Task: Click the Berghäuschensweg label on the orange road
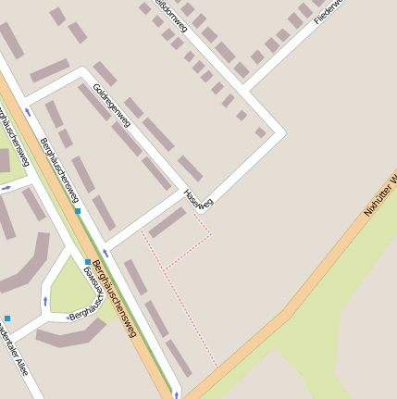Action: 115,301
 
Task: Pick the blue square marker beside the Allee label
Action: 7,318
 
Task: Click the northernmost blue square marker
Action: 78,211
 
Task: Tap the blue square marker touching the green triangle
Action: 88,262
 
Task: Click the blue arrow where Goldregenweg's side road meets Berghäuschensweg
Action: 29,111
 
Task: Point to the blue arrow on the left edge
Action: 6,188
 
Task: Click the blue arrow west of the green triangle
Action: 45,301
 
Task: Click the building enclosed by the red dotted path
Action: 168,222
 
